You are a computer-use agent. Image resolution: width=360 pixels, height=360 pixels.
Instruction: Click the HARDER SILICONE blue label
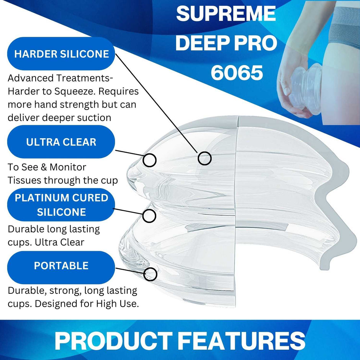(x=61, y=54)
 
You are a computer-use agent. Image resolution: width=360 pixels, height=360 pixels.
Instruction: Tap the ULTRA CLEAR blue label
(x=61, y=142)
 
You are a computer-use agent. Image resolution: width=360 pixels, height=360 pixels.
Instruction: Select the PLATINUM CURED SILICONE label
(x=61, y=205)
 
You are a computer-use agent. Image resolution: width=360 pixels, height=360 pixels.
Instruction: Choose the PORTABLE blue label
(x=61, y=266)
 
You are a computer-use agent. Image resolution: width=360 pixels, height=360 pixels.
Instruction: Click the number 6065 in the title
(x=237, y=73)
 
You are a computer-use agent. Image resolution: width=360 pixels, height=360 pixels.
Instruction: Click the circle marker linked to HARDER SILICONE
(x=205, y=158)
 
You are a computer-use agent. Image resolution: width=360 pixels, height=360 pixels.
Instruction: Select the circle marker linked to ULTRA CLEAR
(x=150, y=160)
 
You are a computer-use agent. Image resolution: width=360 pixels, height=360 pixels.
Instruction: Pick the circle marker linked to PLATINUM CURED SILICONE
(x=149, y=216)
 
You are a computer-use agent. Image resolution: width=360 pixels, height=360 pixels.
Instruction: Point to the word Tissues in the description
(x=25, y=180)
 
